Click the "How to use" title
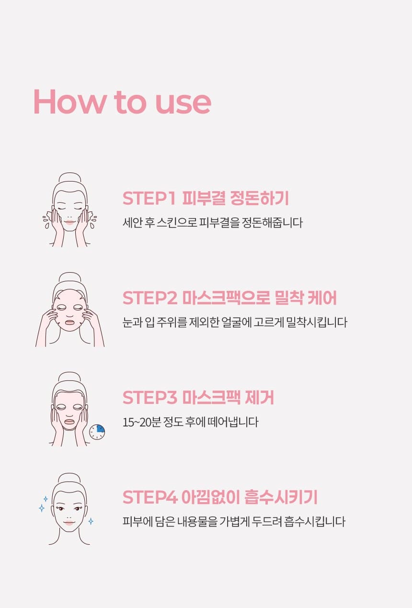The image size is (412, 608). pyautogui.click(x=122, y=102)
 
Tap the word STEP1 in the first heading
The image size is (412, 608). pyautogui.click(x=149, y=198)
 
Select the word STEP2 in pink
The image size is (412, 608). pyautogui.click(x=150, y=298)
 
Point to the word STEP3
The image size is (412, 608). pyautogui.click(x=150, y=397)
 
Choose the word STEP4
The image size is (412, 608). pyautogui.click(x=150, y=497)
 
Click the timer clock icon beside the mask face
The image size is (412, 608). pyautogui.click(x=97, y=432)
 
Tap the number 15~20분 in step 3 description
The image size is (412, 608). pyautogui.click(x=141, y=423)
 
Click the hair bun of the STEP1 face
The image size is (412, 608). pyautogui.click(x=70, y=179)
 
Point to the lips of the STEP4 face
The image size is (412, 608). pyautogui.click(x=69, y=522)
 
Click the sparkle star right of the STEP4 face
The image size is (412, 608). pyautogui.click(x=91, y=521)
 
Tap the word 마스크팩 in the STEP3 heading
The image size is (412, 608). pyautogui.click(x=211, y=397)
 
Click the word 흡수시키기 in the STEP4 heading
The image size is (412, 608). pyautogui.click(x=281, y=497)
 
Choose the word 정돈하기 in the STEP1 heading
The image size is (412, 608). pyautogui.click(x=259, y=198)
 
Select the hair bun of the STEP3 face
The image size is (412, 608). pyautogui.click(x=69, y=378)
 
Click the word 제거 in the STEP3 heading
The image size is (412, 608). pyautogui.click(x=259, y=397)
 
